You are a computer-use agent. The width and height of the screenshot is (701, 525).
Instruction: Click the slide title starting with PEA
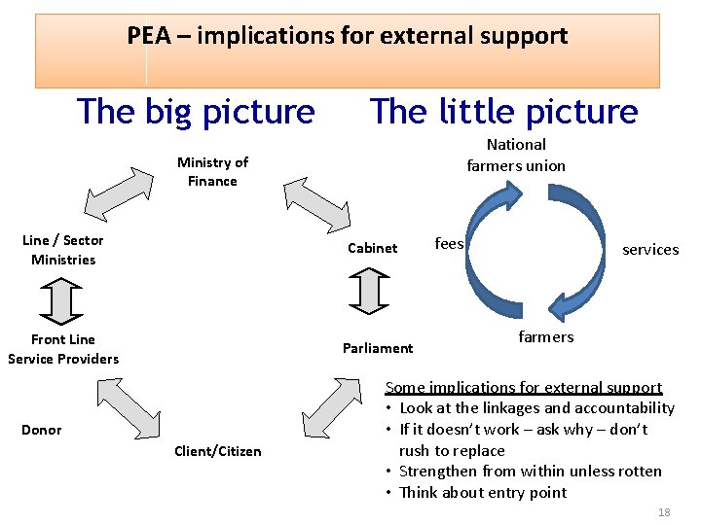[347, 37]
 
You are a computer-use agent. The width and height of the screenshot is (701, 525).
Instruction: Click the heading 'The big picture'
[196, 112]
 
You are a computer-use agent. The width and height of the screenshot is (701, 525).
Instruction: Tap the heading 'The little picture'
[503, 112]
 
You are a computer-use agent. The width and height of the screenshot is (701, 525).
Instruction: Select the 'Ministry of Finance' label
[212, 172]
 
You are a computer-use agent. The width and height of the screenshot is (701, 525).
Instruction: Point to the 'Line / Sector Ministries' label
[63, 250]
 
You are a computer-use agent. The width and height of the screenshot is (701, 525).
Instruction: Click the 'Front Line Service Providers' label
[63, 349]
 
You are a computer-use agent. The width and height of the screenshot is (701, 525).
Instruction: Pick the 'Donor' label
[42, 430]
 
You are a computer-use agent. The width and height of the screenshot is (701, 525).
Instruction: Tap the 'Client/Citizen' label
[217, 451]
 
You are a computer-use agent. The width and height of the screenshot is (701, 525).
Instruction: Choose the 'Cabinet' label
[373, 248]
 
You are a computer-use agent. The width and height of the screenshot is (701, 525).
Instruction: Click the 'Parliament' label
[378, 348]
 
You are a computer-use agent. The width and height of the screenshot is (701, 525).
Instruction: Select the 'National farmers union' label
[516, 155]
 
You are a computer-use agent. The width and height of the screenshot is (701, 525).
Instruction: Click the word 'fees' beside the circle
[449, 243]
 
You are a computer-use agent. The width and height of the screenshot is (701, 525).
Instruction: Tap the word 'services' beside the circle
[650, 250]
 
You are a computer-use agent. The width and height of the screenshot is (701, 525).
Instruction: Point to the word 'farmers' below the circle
[545, 337]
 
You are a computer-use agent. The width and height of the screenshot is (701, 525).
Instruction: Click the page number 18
[664, 512]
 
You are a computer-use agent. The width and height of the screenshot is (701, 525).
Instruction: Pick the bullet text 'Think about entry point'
[482, 492]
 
